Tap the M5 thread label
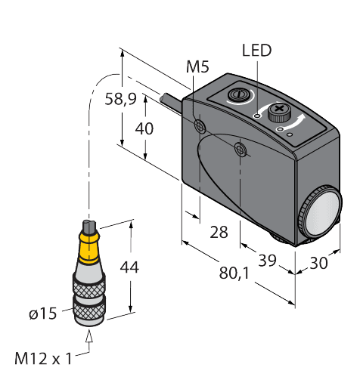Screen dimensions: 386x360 [197, 68]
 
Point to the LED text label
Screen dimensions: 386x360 [256, 51]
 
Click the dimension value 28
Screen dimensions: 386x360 [219, 232]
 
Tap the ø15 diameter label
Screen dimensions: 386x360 [43, 313]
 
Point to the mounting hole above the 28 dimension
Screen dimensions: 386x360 [241, 150]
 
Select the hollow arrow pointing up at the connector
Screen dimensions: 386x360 [91, 342]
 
